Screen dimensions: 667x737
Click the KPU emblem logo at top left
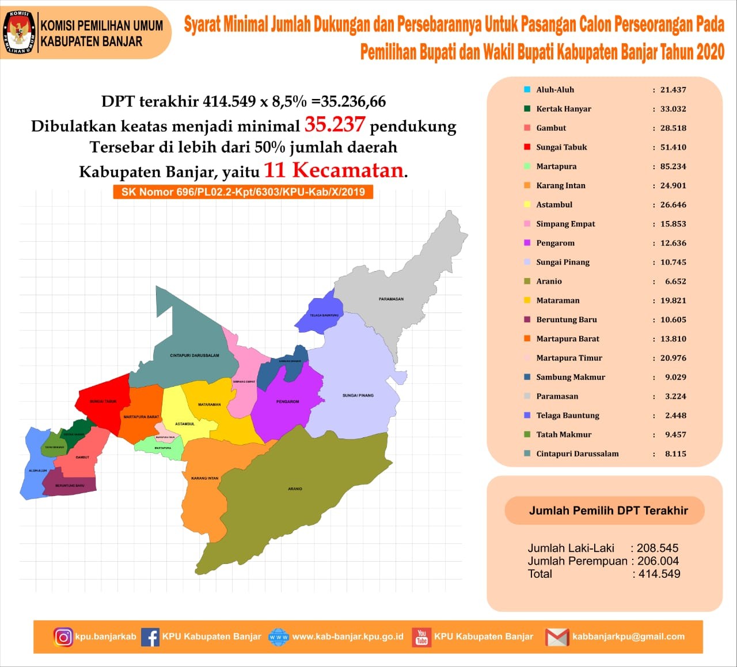(x=20, y=32)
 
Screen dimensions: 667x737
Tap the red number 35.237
(x=335, y=124)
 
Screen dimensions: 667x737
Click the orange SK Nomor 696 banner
(x=243, y=192)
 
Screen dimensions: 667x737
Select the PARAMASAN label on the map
(x=391, y=299)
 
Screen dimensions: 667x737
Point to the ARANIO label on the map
(x=295, y=489)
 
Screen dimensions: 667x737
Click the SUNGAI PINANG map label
(x=358, y=395)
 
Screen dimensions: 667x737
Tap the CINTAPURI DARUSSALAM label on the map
(x=195, y=356)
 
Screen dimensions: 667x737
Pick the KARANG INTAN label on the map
(x=205, y=478)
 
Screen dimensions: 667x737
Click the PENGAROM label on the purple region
(x=287, y=402)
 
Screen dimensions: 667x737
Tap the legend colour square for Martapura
(x=527, y=166)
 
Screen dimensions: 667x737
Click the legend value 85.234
(x=673, y=166)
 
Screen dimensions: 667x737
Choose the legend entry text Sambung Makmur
(x=571, y=377)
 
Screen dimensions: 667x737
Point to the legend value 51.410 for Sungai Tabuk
(x=673, y=147)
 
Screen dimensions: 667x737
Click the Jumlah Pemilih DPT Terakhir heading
(x=608, y=510)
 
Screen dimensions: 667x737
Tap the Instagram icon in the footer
(x=63, y=637)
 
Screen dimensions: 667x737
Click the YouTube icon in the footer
(x=422, y=637)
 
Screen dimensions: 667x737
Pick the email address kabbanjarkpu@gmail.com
(x=628, y=636)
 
